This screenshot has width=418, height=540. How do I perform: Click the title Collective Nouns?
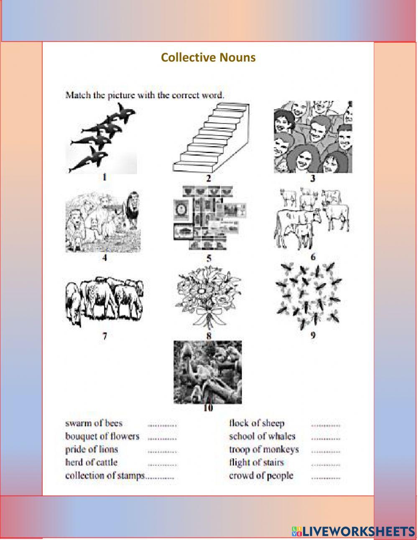(x=208, y=57)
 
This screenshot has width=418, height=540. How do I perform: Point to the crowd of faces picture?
(x=313, y=137)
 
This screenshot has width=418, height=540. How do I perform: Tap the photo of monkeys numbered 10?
(x=208, y=372)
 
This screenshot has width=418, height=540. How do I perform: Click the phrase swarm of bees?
(x=94, y=423)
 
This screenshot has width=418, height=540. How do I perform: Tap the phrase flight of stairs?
(x=256, y=462)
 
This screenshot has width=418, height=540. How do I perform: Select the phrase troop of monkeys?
(x=264, y=449)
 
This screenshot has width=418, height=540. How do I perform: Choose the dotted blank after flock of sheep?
(x=326, y=425)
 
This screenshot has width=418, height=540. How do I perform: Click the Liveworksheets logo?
(x=353, y=531)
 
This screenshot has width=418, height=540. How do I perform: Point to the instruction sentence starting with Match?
(x=145, y=95)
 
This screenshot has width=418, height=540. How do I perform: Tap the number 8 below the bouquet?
(x=209, y=335)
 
